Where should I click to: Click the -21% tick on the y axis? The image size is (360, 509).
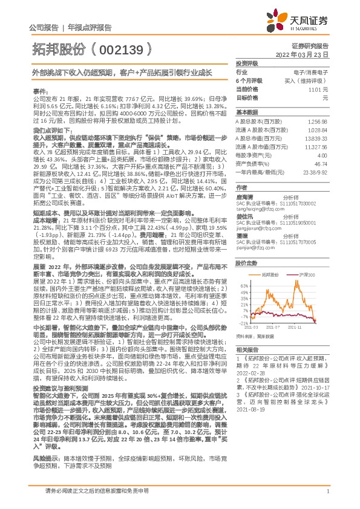(x=244, y=323)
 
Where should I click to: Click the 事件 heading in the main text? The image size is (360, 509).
(x=40, y=90)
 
